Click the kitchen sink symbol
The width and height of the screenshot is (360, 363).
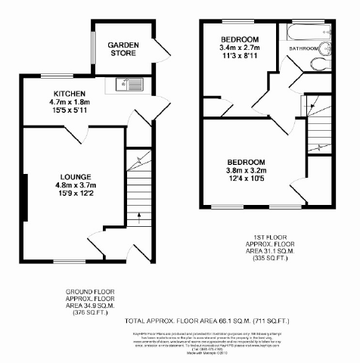coord(128,84)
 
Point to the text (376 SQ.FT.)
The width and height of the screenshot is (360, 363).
coord(85,311)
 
